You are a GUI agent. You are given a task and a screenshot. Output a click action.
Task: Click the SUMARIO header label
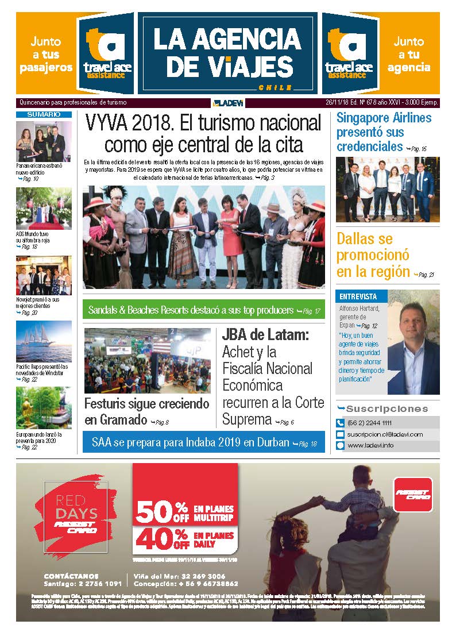(x=44, y=115)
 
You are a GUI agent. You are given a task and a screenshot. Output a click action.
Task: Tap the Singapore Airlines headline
(x=384, y=132)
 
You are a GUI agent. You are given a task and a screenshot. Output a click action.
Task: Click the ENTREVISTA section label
(x=358, y=297)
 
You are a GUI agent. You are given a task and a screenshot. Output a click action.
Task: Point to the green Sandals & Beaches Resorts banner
(x=204, y=311)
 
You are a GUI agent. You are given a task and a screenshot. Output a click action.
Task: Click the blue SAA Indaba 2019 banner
(x=204, y=443)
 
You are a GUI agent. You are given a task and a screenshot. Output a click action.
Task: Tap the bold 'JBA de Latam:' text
(x=266, y=336)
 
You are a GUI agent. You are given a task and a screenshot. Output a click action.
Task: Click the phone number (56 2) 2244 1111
(x=373, y=423)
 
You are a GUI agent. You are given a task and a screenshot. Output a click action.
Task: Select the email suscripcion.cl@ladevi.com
(x=385, y=434)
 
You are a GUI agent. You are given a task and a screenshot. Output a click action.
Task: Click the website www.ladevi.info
(x=370, y=445)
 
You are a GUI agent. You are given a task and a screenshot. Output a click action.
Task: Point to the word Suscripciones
(x=387, y=409)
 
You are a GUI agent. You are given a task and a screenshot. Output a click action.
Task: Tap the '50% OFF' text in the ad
(x=163, y=511)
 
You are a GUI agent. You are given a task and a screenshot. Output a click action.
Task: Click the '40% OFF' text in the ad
(x=163, y=539)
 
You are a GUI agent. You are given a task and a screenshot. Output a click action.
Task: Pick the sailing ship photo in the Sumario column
(x=44, y=341)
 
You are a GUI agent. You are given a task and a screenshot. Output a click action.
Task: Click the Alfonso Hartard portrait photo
(x=414, y=342)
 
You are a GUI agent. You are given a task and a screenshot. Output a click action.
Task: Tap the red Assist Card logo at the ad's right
(x=413, y=494)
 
